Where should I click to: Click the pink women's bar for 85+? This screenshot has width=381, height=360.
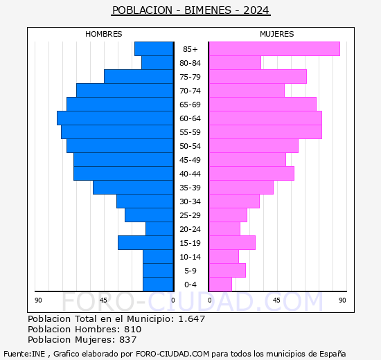coord(274,48)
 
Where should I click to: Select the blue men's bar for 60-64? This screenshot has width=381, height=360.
coord(114,118)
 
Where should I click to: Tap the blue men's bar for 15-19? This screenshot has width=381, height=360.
coord(145,243)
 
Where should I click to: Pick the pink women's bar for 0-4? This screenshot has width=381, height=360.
coord(220,285)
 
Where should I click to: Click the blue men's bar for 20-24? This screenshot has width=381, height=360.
coord(159,229)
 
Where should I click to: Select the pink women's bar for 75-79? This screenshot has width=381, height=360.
coord(257,77)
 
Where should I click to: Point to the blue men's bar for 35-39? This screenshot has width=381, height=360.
coord(132,188)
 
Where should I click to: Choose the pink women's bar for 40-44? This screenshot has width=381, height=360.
coord(251,174)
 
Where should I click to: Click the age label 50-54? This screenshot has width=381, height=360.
coord(190,146)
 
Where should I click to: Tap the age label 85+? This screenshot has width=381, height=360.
coord(190,49)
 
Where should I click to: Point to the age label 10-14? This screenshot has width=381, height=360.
coord(190,257)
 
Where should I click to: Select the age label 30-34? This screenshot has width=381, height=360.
coord(190,201)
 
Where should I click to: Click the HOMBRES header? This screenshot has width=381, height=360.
coord(104,34)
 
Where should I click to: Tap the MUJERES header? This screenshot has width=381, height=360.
coord(277,34)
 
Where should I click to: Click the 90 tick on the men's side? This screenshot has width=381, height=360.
coord(38,300)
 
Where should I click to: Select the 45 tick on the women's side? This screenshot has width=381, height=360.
coord(276,300)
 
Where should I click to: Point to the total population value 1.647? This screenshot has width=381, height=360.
coord(190,319)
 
